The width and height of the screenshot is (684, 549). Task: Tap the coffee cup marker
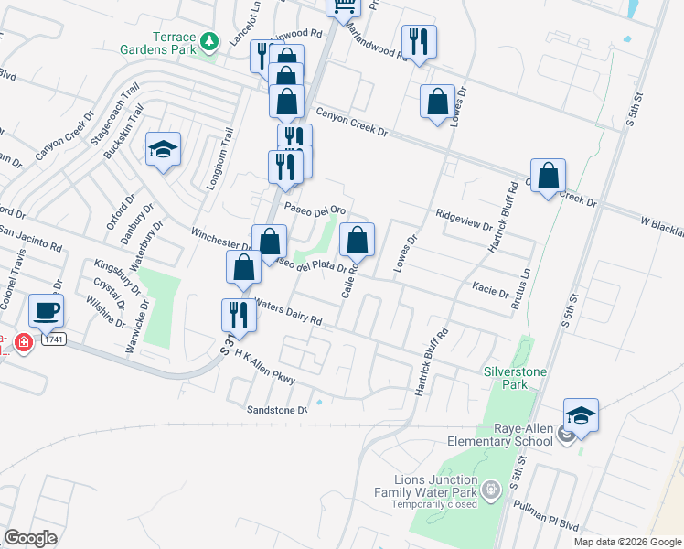point(46,310)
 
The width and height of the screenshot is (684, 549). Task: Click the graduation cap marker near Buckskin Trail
point(163,149)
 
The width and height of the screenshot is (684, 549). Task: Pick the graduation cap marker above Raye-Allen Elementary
point(581,415)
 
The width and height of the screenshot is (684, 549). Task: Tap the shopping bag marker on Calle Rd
point(358,241)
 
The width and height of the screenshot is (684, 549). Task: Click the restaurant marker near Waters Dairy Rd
point(239,315)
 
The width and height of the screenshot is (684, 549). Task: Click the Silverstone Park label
point(519,379)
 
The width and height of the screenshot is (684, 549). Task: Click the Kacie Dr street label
point(490,291)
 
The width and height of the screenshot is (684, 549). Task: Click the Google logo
point(30,537)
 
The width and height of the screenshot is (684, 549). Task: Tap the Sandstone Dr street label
point(278,410)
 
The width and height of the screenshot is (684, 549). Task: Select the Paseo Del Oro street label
point(315,209)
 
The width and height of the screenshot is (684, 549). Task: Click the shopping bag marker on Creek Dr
point(548,176)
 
